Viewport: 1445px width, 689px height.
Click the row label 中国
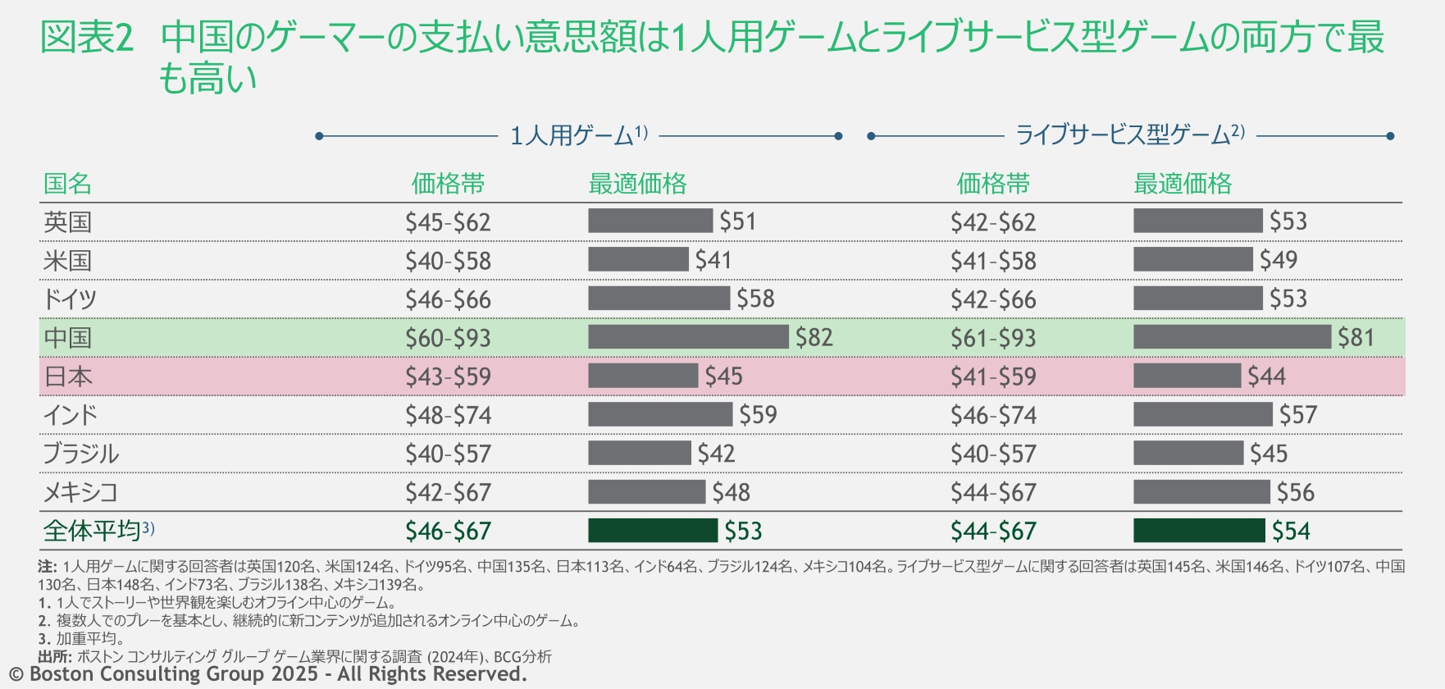[x=67, y=338]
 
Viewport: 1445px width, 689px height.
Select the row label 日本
[x=67, y=376]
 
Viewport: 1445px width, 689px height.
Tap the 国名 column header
[x=67, y=184]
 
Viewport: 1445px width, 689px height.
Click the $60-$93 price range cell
[x=448, y=338]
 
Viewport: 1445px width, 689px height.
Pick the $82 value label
[x=814, y=337]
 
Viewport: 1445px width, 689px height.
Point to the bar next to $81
[x=1232, y=337]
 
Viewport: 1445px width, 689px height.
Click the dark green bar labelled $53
[x=653, y=531]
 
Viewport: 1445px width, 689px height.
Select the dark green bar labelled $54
[x=1199, y=531]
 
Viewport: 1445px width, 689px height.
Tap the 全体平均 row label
[x=92, y=531]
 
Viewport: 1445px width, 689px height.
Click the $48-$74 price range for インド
[x=448, y=415]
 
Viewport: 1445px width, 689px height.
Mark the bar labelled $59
[x=659, y=414]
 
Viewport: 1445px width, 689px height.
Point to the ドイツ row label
[x=70, y=299]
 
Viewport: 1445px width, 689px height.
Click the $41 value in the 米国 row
[x=713, y=260]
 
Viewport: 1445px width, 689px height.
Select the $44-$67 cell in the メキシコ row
[x=993, y=492]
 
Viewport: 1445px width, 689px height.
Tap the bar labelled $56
[x=1201, y=492]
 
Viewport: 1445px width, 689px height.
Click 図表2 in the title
[x=86, y=38]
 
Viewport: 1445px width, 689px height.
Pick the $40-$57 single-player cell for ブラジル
[x=448, y=454]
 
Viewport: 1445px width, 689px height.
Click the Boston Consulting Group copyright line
[x=267, y=674]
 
